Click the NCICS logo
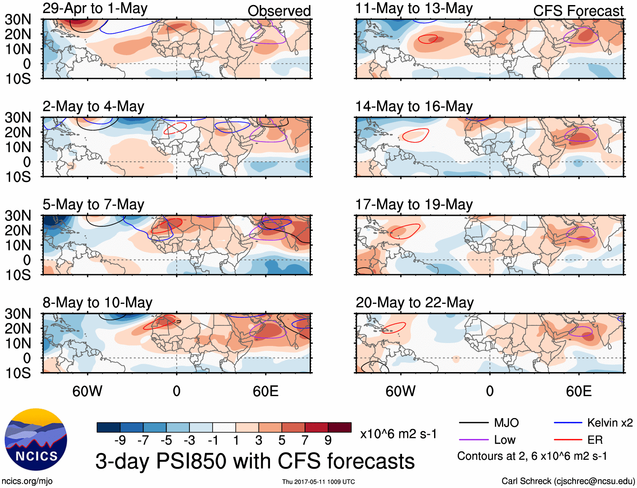pyautogui.click(x=36, y=440)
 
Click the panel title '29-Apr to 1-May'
pyautogui.click(x=95, y=8)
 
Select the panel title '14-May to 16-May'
pyautogui.click(x=414, y=107)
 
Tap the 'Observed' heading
pyautogui.click(x=279, y=11)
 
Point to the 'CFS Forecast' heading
pyautogui.click(x=578, y=11)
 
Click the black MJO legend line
pyautogui.click(x=473, y=423)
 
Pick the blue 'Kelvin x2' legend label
pyautogui.click(x=610, y=423)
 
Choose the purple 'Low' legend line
pyautogui.click(x=473, y=440)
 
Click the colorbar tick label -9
pyautogui.click(x=120, y=440)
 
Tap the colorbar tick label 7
pyautogui.click(x=305, y=440)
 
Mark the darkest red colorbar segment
pyautogui.click(x=340, y=427)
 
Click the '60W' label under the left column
pyautogui.click(x=87, y=391)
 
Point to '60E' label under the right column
pyautogui.click(x=578, y=391)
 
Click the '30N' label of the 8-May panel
pyautogui.click(x=18, y=314)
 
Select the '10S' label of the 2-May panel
pyautogui.click(x=18, y=177)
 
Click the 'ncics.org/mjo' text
pyautogui.click(x=27, y=481)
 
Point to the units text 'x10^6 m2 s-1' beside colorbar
pyautogui.click(x=398, y=434)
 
